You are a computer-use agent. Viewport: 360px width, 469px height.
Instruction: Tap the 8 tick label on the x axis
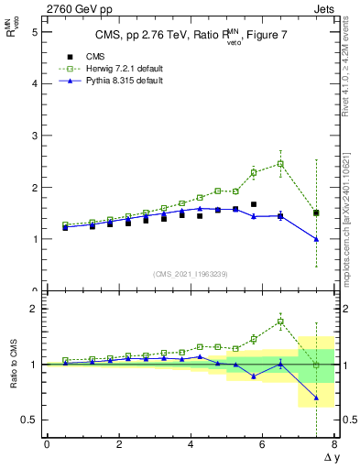[334, 444]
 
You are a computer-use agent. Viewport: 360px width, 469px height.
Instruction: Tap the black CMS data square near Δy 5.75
[254, 204]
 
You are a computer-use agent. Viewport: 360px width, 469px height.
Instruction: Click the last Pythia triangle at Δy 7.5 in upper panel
[316, 239]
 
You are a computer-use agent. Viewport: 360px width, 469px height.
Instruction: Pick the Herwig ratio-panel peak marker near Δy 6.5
[280, 322]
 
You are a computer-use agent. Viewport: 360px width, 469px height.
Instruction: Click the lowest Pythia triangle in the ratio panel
[316, 398]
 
